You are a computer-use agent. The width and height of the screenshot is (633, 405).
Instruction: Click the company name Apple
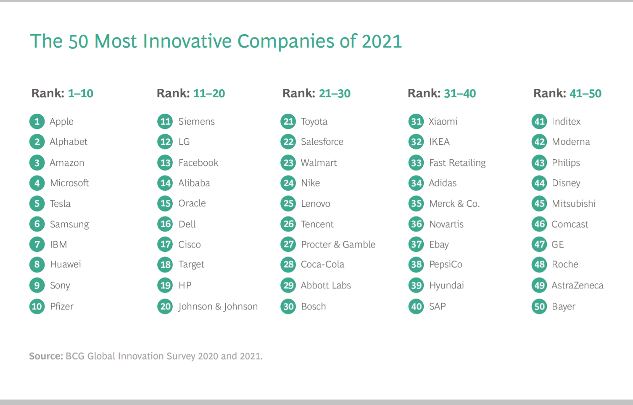[61, 122]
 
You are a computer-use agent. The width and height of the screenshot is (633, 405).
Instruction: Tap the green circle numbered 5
[37, 204]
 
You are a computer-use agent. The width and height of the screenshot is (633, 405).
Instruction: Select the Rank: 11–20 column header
[191, 93]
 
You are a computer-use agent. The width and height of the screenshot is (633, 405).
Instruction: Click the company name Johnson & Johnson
[218, 306]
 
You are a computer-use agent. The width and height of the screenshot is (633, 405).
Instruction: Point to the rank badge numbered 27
[288, 245]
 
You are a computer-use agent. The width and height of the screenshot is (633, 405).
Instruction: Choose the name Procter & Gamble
[338, 245]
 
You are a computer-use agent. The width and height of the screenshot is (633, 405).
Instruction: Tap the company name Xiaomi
[443, 122]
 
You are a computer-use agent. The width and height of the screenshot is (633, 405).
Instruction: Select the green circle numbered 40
[416, 306]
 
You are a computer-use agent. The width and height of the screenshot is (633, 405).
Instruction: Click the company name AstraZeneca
[577, 285]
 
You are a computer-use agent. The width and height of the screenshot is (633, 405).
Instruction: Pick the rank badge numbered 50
[539, 306]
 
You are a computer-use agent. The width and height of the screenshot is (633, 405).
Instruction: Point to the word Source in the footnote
[46, 356]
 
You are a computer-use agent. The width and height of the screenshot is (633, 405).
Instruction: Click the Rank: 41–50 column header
[567, 93]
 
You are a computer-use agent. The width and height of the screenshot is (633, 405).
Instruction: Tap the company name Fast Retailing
[457, 163]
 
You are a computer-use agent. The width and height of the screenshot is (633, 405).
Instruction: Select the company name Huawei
[65, 264]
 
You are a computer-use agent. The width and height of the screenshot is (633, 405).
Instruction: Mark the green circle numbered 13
[165, 163]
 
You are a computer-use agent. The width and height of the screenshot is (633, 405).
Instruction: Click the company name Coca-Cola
[322, 264]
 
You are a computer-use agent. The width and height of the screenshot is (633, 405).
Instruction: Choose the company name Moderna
[570, 142]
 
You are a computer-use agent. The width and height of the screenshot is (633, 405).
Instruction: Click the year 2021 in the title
[382, 41]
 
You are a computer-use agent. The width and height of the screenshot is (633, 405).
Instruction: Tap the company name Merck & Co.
[454, 204]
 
